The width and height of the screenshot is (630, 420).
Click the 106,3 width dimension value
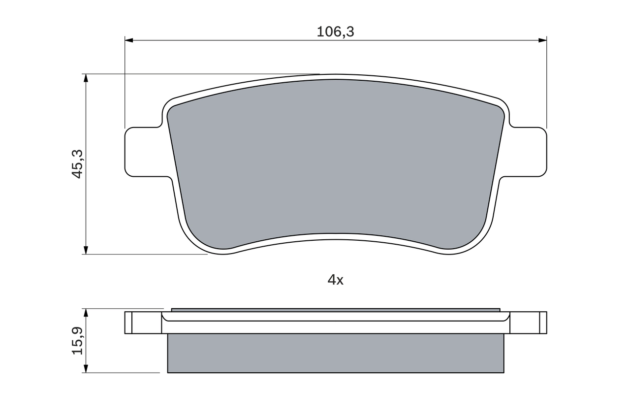(335, 32)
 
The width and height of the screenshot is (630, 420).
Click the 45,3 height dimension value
(78, 164)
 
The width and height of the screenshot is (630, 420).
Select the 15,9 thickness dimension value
(78, 341)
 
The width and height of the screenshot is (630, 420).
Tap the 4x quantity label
(335, 280)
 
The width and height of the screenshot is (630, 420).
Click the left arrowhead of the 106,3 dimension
(129, 40)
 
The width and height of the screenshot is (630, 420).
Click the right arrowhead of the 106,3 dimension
(542, 40)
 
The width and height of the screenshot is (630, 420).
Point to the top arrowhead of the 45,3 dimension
(86, 79)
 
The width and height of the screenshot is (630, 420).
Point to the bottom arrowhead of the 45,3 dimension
(86, 250)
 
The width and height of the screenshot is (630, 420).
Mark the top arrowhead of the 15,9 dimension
(86, 313)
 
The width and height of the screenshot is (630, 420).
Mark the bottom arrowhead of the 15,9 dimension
(86, 368)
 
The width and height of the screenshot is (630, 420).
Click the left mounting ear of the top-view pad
(143, 152)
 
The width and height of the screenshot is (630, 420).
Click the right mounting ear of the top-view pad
(529, 152)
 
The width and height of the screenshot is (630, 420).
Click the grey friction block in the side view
(336, 353)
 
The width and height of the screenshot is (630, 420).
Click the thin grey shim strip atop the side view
(336, 310)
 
